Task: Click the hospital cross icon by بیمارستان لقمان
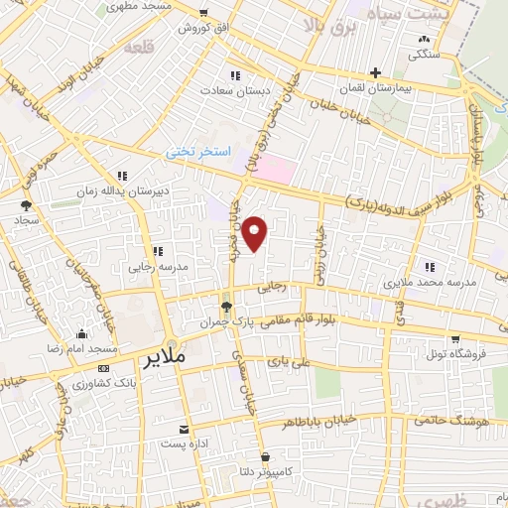(x=375, y=71)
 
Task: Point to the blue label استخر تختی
(x=197, y=153)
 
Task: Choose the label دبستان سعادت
(x=235, y=90)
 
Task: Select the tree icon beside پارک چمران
(x=227, y=307)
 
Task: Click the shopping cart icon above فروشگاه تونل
(x=454, y=337)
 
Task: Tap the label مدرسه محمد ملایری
(x=431, y=282)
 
